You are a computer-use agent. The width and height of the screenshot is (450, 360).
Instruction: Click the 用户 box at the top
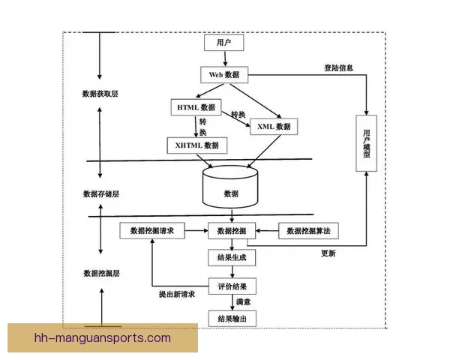tap(224, 43)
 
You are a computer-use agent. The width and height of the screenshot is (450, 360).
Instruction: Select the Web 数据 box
tap(224, 75)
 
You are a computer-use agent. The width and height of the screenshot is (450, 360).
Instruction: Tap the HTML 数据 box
tap(196, 107)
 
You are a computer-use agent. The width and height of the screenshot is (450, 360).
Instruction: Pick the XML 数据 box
tap(273, 127)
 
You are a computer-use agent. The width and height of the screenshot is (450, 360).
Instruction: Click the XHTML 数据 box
tap(196, 145)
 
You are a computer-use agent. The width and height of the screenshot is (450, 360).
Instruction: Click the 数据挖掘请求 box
tap(152, 231)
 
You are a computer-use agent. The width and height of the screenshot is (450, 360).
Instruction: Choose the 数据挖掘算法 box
tap(308, 231)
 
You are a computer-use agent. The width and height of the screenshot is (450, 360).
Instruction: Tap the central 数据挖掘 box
tap(231, 231)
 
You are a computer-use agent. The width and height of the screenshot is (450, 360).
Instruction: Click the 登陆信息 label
tap(338, 68)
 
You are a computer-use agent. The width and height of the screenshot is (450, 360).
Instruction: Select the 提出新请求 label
tap(177, 295)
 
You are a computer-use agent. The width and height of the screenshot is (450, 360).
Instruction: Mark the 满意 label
tap(242, 302)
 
